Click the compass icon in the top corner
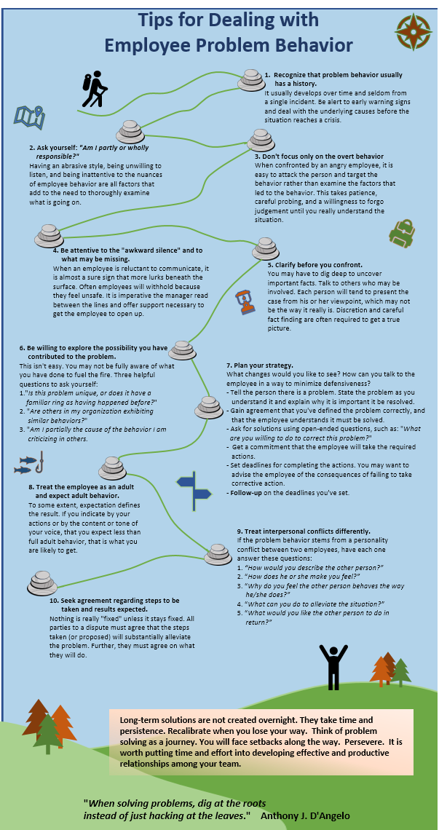(x=412, y=30)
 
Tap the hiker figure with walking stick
(x=95, y=90)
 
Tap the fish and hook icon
(x=31, y=464)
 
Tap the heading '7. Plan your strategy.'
(x=260, y=365)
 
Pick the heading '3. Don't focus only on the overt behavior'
(x=319, y=156)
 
